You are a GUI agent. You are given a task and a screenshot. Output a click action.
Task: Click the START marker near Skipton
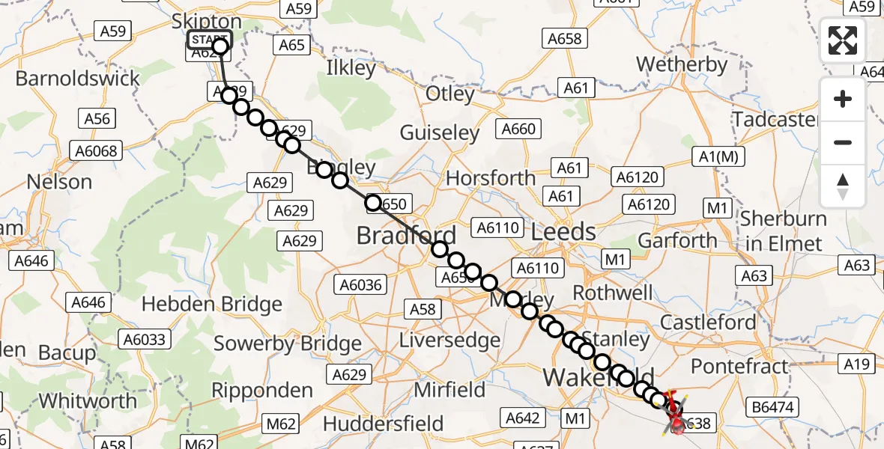[x=210, y=40]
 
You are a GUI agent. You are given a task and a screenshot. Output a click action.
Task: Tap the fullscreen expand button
[x=843, y=40]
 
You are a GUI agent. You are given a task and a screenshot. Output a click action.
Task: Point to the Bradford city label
[x=406, y=236]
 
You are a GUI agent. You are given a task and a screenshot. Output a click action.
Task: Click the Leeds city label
[x=563, y=232]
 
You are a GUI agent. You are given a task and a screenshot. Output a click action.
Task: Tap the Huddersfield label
[x=384, y=424]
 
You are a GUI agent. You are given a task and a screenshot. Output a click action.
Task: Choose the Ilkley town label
[x=351, y=69]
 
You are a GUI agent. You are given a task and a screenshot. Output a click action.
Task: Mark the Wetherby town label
[x=682, y=65]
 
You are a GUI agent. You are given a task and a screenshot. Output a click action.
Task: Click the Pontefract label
[x=739, y=367]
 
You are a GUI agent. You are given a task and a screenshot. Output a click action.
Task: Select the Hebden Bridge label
[x=211, y=305]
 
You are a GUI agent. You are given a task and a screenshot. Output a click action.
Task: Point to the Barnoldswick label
[x=78, y=79]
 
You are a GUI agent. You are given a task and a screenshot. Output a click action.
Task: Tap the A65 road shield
[x=291, y=45]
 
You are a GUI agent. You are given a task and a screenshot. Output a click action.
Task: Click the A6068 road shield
[x=97, y=151]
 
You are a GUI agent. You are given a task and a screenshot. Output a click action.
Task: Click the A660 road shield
[x=518, y=129]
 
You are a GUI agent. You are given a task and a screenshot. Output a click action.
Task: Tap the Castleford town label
[x=708, y=323]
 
